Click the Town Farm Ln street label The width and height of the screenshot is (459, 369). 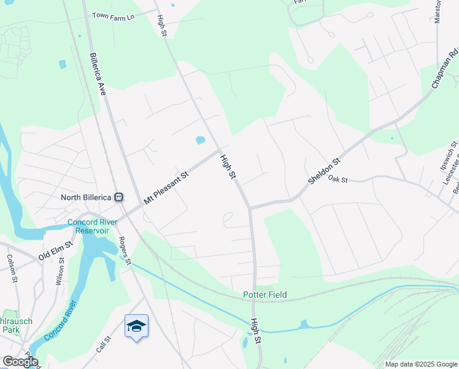(x=113, y=15)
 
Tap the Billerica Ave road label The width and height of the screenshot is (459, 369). (x=98, y=73)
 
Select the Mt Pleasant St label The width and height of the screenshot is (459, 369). (x=167, y=188)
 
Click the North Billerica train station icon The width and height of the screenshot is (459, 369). (x=119, y=197)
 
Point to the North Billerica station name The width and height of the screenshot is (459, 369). (x=87, y=197)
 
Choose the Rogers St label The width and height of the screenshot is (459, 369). (x=125, y=252)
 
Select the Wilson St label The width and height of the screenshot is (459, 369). (x=61, y=269)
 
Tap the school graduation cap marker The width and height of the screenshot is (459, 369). (x=136, y=326)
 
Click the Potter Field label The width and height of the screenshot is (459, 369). (x=264, y=295)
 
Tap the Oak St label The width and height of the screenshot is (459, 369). (x=338, y=180)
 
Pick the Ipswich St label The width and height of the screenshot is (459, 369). (x=446, y=159)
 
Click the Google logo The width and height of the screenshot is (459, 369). (x=20, y=362)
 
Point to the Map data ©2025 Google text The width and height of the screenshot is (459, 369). (x=421, y=364)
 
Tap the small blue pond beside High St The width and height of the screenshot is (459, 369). (x=200, y=140)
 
